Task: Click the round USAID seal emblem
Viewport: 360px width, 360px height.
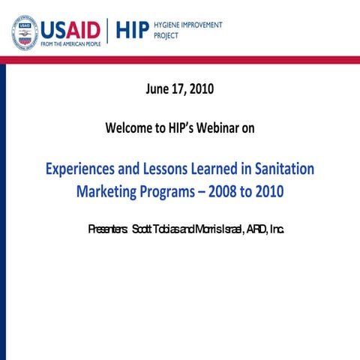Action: coord(25,31)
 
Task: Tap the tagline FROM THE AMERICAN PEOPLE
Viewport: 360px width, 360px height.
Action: coord(70,45)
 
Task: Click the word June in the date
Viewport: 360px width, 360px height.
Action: coord(158,89)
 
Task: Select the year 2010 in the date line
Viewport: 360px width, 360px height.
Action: coord(201,89)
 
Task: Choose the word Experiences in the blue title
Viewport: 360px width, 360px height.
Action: coord(83,169)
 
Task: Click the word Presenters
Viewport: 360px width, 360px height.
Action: coord(107,228)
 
